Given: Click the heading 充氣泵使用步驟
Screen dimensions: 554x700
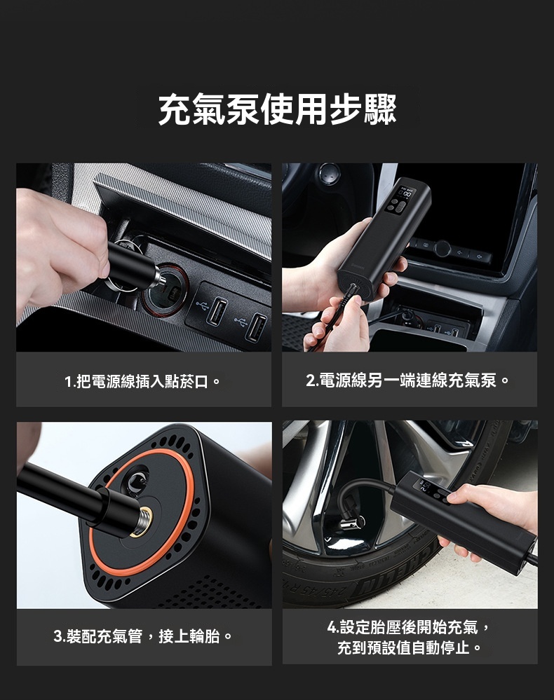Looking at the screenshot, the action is pos(278,110).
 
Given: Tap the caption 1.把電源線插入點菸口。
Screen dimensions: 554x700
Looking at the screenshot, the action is pos(143,381).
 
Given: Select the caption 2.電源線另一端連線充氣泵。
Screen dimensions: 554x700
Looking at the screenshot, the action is pos(408,380).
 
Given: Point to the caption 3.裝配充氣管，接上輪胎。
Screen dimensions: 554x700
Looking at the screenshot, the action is pos(144,636).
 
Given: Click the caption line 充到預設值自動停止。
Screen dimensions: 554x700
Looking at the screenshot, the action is pos(410,647).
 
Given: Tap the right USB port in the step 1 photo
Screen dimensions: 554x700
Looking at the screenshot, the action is pos(257,327).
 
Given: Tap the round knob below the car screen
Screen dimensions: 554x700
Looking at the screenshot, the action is pos(441,248).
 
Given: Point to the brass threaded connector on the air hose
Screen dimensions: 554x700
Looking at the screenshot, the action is pos(142,521).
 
